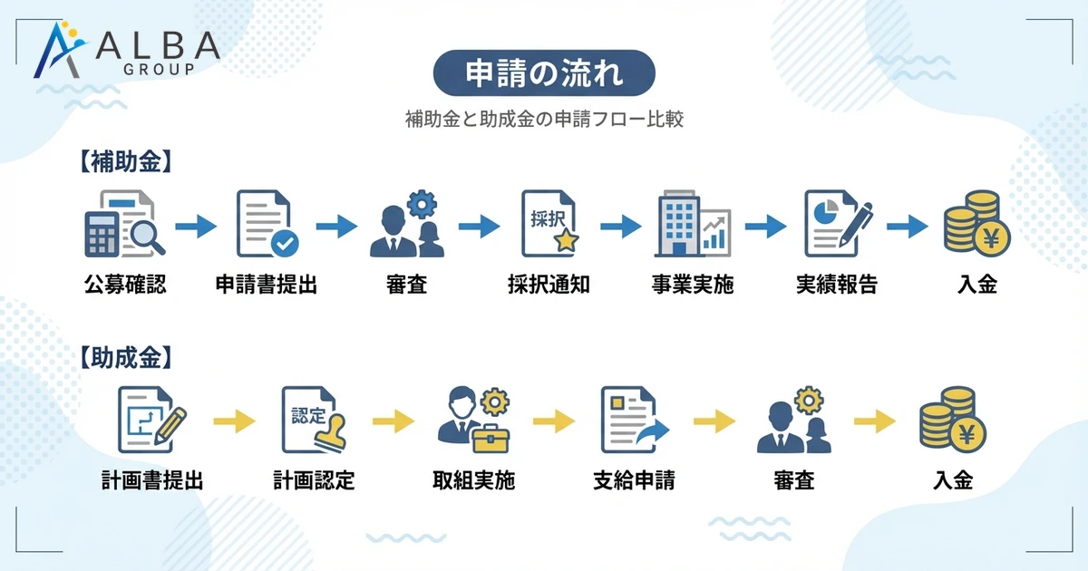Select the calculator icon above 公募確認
[124, 225]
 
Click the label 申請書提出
[267, 285]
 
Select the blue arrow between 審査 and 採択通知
[480, 227]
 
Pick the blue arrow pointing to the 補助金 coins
[908, 227]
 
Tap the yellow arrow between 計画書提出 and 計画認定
[235, 421]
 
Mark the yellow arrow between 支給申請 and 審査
[714, 421]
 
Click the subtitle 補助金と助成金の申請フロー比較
[544, 119]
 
